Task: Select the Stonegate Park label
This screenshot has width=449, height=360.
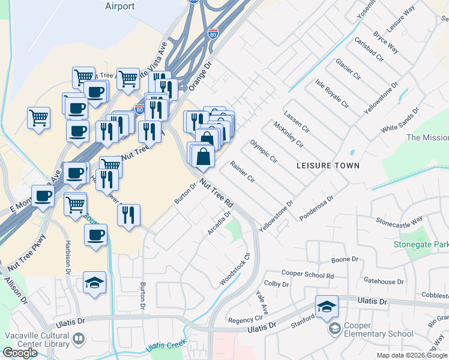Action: click(421, 244)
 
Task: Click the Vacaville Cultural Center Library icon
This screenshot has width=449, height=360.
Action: click(78, 340)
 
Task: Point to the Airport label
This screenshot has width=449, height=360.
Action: click(119, 6)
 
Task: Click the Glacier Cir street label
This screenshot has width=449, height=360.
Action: click(348, 71)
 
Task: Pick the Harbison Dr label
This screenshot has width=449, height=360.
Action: click(67, 258)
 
